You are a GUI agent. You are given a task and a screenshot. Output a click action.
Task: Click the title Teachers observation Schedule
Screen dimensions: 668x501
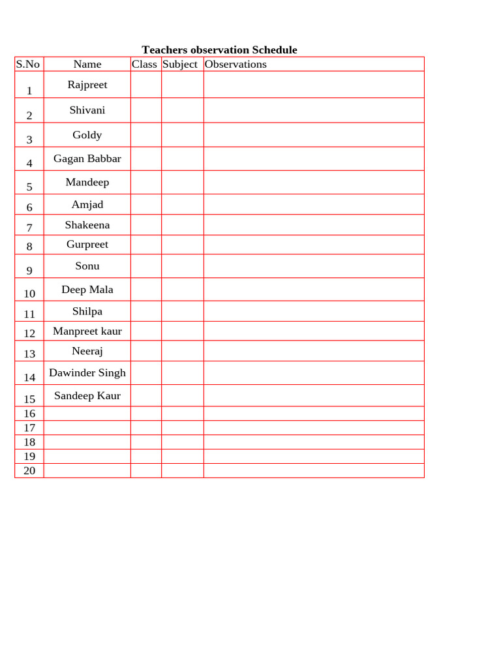[219, 50]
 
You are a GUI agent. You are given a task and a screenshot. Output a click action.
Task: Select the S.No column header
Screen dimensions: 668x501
[28, 64]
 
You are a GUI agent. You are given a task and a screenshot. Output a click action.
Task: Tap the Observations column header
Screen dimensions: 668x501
[235, 64]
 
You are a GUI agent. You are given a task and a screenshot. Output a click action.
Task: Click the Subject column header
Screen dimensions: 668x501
[180, 64]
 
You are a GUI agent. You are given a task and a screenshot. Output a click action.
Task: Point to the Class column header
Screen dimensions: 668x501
[144, 64]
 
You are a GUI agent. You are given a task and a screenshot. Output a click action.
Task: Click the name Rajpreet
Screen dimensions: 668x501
[87, 85]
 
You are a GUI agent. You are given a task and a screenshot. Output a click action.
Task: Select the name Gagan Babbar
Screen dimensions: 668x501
[87, 159]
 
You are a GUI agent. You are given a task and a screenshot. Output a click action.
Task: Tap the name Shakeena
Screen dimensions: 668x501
[87, 225]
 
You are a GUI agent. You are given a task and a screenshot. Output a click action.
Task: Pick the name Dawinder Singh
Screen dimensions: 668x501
[87, 373]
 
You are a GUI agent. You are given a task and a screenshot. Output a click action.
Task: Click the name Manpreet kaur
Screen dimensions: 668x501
[87, 331]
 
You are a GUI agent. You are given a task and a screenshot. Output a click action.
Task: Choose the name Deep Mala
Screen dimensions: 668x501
[87, 290]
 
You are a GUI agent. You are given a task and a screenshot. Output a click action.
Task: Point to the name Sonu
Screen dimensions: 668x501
[87, 266]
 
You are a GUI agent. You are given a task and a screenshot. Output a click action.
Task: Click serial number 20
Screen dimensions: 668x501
[29, 471]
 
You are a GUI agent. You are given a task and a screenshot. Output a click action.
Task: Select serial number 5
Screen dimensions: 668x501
[29, 187]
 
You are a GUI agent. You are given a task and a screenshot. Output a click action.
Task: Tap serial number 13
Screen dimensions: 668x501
[29, 354]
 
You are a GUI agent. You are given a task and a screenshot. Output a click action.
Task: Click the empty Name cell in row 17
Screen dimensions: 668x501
[87, 428]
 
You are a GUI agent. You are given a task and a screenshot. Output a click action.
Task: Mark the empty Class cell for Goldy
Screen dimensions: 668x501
[146, 135]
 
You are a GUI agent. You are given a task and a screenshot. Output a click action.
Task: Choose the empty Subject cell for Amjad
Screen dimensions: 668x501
[183, 205]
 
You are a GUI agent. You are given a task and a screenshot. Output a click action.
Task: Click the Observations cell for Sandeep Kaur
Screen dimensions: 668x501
[314, 395]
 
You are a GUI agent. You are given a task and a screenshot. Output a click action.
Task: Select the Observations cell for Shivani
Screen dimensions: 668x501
[314, 110]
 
